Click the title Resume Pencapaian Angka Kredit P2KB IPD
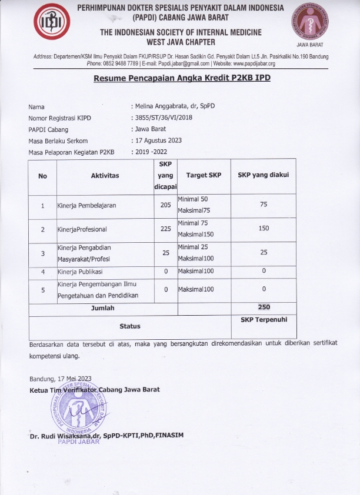pos(182,78)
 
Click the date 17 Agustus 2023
pos(158,140)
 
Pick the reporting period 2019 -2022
pos(155,152)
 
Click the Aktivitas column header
pos(105,175)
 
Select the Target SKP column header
pos(204,175)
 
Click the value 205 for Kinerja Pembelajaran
pos(165,205)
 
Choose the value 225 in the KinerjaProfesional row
pos(165,229)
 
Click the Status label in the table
pos(130,325)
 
